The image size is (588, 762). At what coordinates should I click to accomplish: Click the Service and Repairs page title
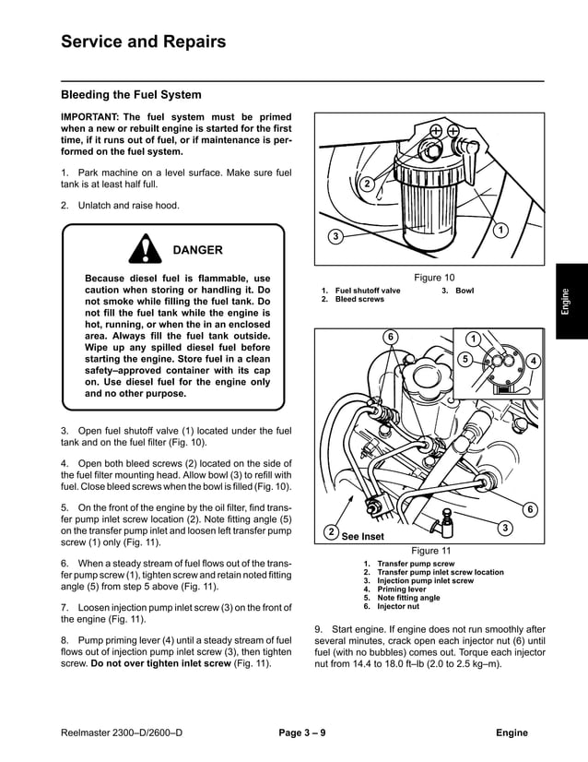(x=142, y=42)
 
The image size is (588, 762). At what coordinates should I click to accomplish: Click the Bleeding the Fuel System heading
(x=130, y=94)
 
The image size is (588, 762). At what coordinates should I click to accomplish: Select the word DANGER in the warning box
(x=197, y=250)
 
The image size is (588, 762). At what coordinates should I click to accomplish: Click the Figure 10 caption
(x=434, y=278)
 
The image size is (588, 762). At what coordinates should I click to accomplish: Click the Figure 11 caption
(x=431, y=551)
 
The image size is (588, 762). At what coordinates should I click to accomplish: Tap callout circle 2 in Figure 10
(x=366, y=184)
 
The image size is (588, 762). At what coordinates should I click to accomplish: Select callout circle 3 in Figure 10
(x=336, y=237)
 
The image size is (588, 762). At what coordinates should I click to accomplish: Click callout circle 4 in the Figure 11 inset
(x=533, y=359)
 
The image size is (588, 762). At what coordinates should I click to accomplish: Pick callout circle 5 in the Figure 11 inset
(x=465, y=358)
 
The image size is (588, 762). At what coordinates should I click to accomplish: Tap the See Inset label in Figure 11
(x=361, y=536)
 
